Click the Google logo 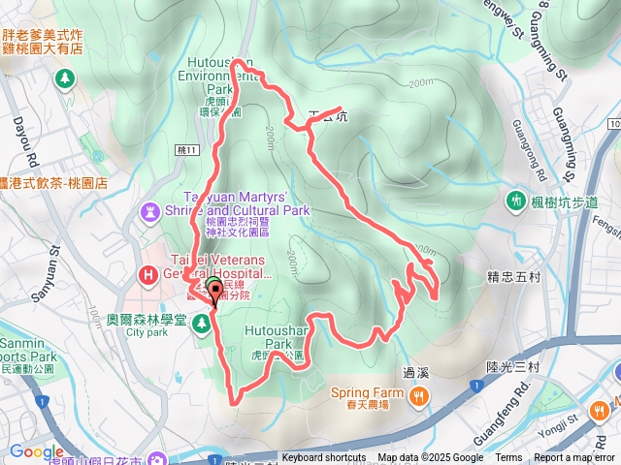click(37, 450)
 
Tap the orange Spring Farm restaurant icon click(418, 394)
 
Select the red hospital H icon click(148, 275)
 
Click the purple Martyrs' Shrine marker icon click(150, 209)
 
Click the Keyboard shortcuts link click(325, 458)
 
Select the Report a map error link click(575, 458)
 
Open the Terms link click(508, 458)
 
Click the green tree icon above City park click(203, 321)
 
